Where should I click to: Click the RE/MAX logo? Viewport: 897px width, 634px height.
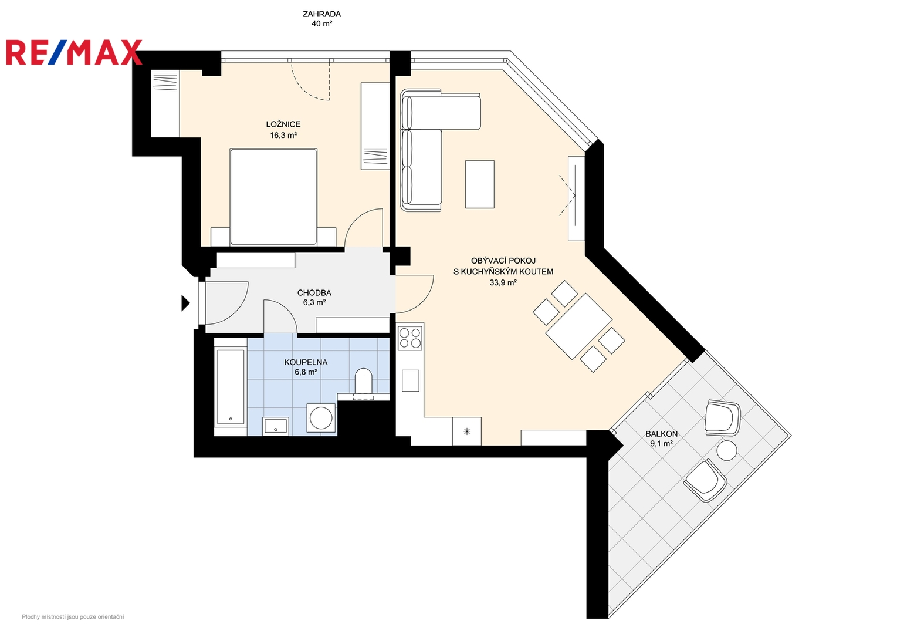pyautogui.click(x=74, y=52)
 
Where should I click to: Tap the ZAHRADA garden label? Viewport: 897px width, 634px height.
pyautogui.click(x=321, y=14)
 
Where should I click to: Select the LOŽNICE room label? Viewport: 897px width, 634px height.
pyautogui.click(x=283, y=124)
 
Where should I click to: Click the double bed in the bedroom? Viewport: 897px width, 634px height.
pyautogui.click(x=273, y=197)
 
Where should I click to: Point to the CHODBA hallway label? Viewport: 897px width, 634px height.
pyautogui.click(x=314, y=293)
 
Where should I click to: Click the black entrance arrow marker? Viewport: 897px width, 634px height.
pyautogui.click(x=185, y=303)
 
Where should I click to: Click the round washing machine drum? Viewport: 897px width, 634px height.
pyautogui.click(x=321, y=417)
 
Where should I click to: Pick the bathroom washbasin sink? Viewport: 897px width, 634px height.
pyautogui.click(x=276, y=426)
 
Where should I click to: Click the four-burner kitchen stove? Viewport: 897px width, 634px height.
pyautogui.click(x=410, y=338)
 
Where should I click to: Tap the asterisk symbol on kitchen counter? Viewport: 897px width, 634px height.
pyautogui.click(x=467, y=431)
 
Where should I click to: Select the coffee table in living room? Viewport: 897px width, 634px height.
pyautogui.click(x=480, y=184)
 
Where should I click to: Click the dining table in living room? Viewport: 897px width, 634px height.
pyautogui.click(x=578, y=326)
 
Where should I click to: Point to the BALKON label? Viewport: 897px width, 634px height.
pyautogui.click(x=662, y=434)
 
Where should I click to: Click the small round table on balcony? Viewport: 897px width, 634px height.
pyautogui.click(x=727, y=451)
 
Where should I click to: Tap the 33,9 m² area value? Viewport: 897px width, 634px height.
pyautogui.click(x=503, y=282)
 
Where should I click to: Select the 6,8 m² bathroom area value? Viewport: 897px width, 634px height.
pyautogui.click(x=306, y=372)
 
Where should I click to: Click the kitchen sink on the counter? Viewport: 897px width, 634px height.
pyautogui.click(x=411, y=380)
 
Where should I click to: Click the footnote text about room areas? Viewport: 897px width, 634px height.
pyautogui.click(x=73, y=617)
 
